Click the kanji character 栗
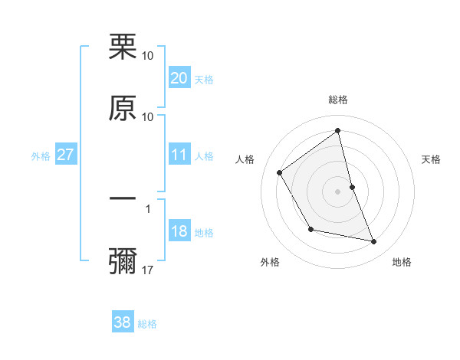pyautogui.click(x=123, y=47)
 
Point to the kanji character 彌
pyautogui.click(x=123, y=260)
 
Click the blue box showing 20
pyautogui.click(x=179, y=78)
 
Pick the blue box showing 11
pyautogui.click(x=179, y=155)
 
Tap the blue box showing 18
pyautogui.click(x=179, y=232)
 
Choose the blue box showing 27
pyautogui.click(x=65, y=155)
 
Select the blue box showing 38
pyautogui.click(x=123, y=322)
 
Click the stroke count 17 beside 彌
pyautogui.click(x=148, y=270)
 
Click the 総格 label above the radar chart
pyautogui.click(x=338, y=100)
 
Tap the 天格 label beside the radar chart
pyautogui.click(x=431, y=159)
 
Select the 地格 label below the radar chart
pyautogui.click(x=402, y=262)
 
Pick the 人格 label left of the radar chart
pyautogui.click(x=245, y=159)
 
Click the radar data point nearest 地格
pyautogui.click(x=374, y=241)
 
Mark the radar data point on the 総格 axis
pyautogui.click(x=338, y=131)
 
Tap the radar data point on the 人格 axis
pyautogui.click(x=280, y=172)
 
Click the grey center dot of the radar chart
pyautogui.click(x=338, y=191)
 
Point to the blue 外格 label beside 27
pyautogui.click(x=41, y=156)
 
